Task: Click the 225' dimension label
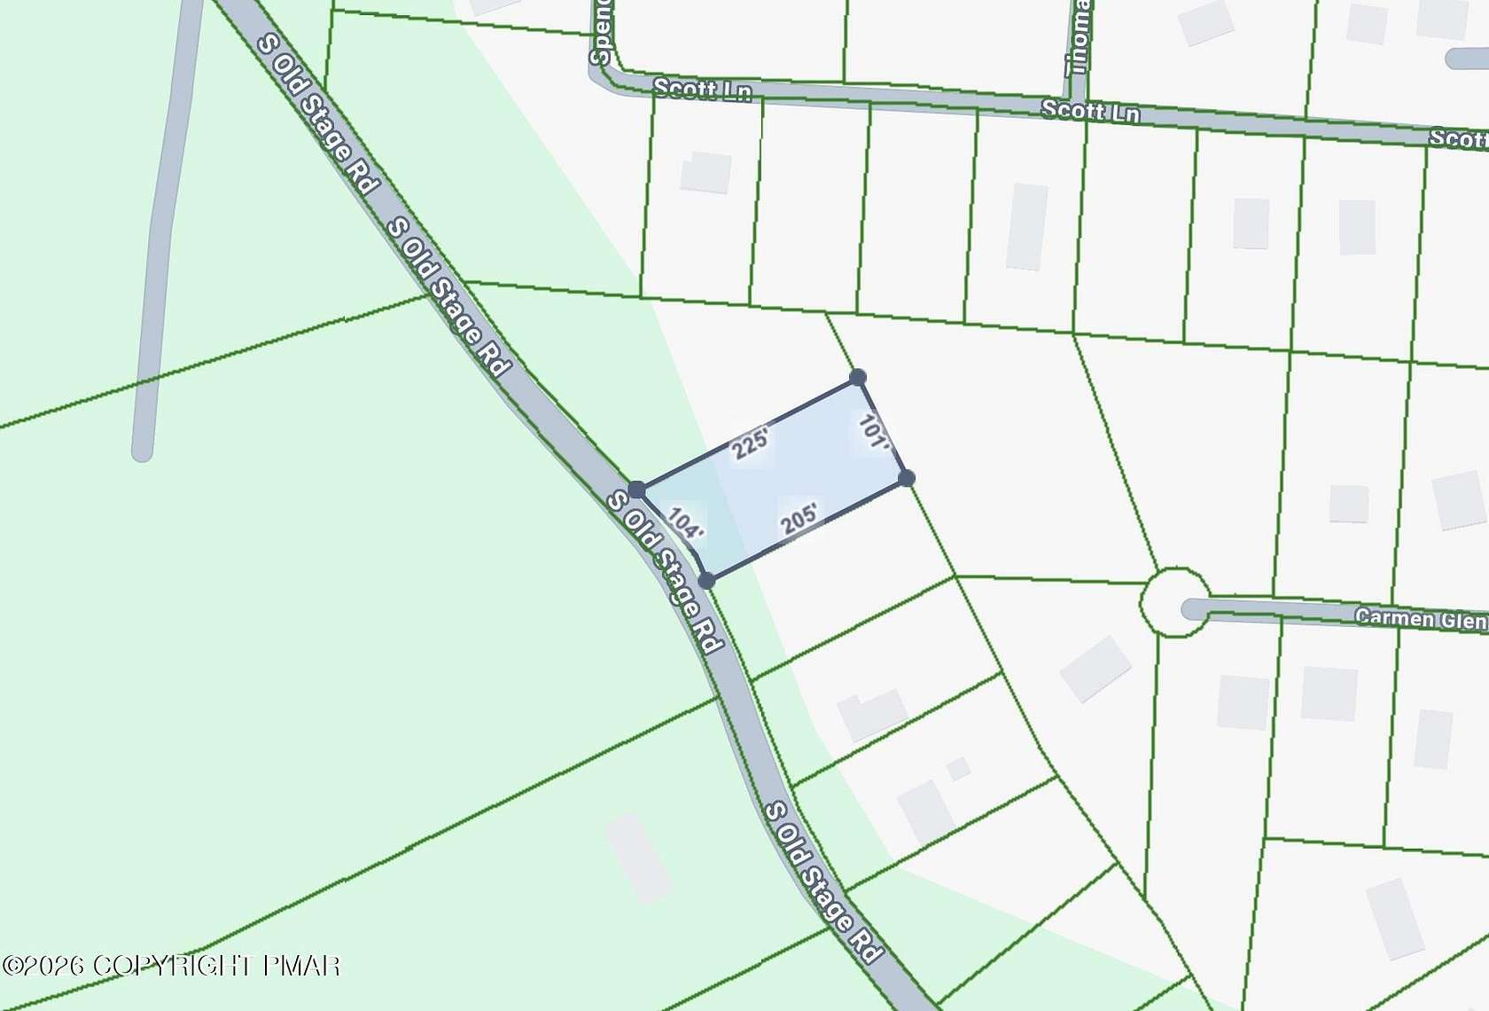tap(751, 442)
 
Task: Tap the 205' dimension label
tap(799, 519)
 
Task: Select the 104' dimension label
tap(685, 522)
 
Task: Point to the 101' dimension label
tap(874, 431)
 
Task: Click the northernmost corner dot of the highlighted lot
tap(857, 378)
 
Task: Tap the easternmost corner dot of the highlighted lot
tap(906, 478)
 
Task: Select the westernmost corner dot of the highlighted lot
tap(636, 490)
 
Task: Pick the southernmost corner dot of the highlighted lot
tap(706, 581)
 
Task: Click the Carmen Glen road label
tap(1421, 618)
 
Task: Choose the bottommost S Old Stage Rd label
tap(822, 882)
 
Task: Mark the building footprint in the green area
tap(638, 858)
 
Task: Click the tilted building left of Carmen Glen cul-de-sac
tap(1095, 668)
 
